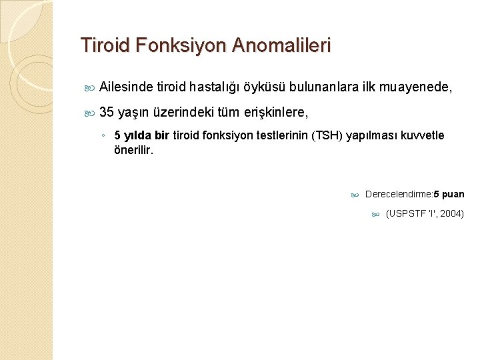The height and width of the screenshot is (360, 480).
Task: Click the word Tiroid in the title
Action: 101,46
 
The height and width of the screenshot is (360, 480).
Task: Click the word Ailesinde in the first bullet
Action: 125,86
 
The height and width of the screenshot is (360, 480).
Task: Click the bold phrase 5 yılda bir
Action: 143,136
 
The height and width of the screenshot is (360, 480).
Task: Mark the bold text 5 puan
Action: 449,195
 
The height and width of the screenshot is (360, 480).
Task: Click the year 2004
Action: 451,214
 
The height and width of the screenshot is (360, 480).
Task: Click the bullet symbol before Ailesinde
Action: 91,87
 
